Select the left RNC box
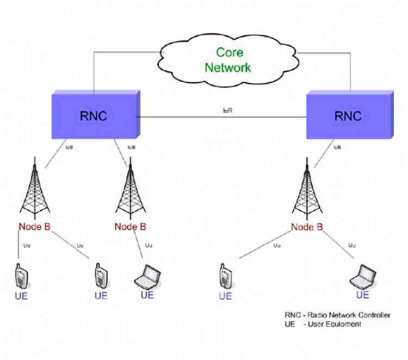click(x=95, y=115)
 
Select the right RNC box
click(x=348, y=116)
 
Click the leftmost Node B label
click(x=35, y=227)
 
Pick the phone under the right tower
click(x=224, y=277)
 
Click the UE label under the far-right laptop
click(x=362, y=295)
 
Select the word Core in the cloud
click(x=229, y=53)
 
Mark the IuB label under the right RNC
click(x=337, y=147)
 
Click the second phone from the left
click(x=100, y=276)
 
